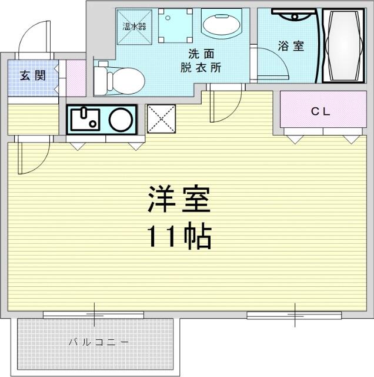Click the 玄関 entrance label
(33, 75)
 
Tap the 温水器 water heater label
(134, 26)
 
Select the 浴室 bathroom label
(291, 46)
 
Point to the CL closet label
(320, 111)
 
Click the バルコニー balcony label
(98, 342)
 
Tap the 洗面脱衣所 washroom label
(201, 61)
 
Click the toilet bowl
(126, 81)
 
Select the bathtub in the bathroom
(343, 46)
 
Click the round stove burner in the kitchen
(121, 120)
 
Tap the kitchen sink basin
(85, 119)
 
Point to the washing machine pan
(175, 26)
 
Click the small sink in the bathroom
(294, 16)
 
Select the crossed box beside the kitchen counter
(161, 119)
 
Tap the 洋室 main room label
(179, 199)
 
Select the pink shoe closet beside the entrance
(76, 78)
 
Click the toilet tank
(100, 81)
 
